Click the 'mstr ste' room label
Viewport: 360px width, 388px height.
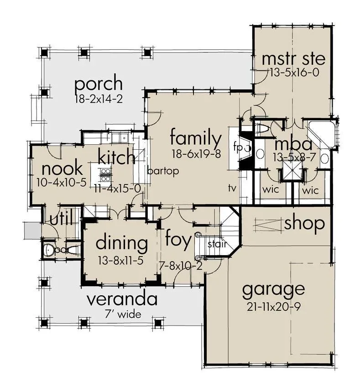293,58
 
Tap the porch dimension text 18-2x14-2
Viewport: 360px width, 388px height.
99,100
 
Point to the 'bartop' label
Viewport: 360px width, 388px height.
163,171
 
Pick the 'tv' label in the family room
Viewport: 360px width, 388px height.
232,188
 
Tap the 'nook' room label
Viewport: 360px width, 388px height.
62,168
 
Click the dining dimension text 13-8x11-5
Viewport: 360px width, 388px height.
121,261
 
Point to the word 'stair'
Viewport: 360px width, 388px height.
217,244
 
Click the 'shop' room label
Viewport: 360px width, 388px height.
304,224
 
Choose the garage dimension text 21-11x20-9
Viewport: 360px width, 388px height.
274,307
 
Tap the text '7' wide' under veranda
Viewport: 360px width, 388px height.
123,315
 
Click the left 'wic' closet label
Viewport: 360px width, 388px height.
271,190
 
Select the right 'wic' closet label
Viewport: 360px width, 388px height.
310,190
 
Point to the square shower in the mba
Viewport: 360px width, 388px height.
292,170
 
